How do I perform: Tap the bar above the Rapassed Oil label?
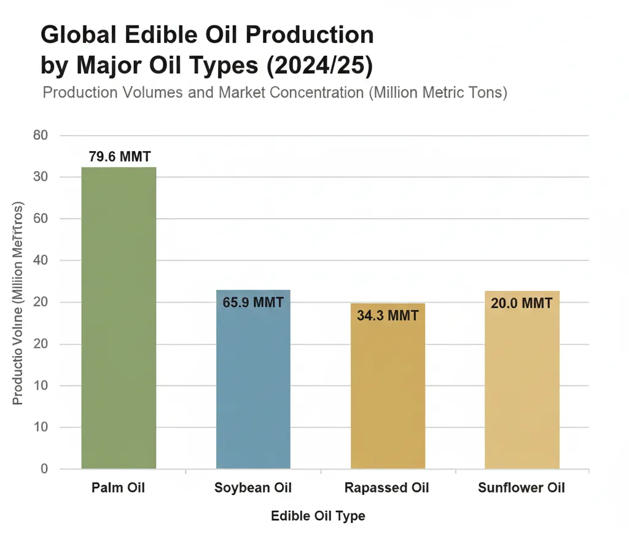coord(388,386)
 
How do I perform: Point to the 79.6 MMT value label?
coord(119,157)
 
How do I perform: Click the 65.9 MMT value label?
coord(253,303)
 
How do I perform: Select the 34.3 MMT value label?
coord(388,316)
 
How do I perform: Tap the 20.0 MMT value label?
coord(522,303)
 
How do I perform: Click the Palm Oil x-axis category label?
coord(119,489)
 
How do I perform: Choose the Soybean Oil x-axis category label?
coord(253,489)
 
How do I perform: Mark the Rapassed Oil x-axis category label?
coord(387,489)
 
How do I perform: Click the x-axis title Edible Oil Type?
coord(318,516)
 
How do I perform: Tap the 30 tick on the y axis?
coord(40,177)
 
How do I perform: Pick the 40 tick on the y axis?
coord(40,260)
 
